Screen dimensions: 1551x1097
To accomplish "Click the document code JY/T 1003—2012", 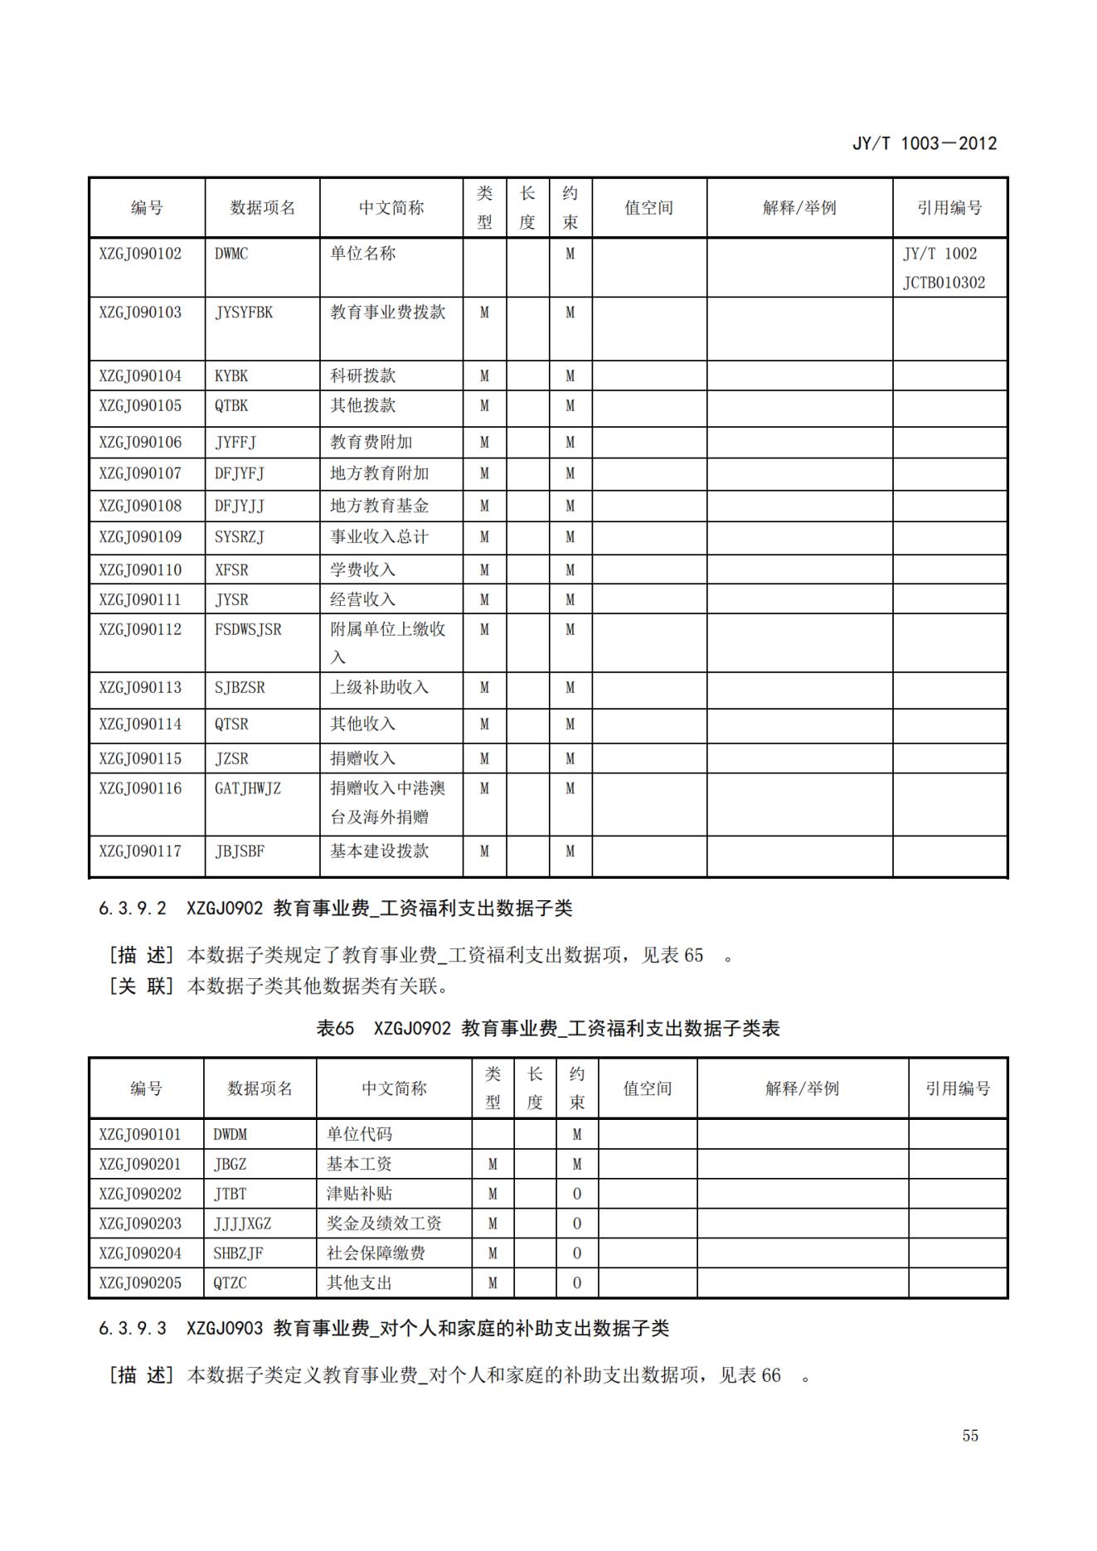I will coord(924,143).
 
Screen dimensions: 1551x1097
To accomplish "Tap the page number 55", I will coord(970,1435).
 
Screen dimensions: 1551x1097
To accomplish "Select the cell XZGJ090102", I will coord(140,254).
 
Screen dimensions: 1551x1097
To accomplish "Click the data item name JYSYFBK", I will coord(244,313).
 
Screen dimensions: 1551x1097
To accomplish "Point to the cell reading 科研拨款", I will coord(363,376).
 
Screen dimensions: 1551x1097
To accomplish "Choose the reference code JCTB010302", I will coord(944,283).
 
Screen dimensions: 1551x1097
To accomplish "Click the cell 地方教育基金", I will coord(380,506).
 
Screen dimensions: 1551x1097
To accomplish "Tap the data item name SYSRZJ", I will coord(240,537).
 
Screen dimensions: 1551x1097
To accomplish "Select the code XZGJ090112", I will coord(140,630).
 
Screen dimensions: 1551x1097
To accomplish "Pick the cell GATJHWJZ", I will coord(248,788).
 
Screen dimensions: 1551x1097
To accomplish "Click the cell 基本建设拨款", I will coord(380,851).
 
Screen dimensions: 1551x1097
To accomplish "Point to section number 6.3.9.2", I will coord(133,909).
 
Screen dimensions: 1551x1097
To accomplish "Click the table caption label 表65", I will coord(335,1029).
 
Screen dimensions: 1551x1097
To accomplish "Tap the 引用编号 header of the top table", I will coord(949,208).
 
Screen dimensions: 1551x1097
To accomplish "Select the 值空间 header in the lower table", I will coord(648,1088).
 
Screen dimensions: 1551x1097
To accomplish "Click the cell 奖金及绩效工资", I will coord(384,1224).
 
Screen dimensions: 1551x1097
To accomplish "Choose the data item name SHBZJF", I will coord(238,1253).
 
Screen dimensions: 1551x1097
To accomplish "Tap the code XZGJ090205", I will coord(140,1283).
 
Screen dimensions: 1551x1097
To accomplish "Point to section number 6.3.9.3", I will coord(133,1329).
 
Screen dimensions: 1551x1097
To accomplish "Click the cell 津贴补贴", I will coord(359,1194).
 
